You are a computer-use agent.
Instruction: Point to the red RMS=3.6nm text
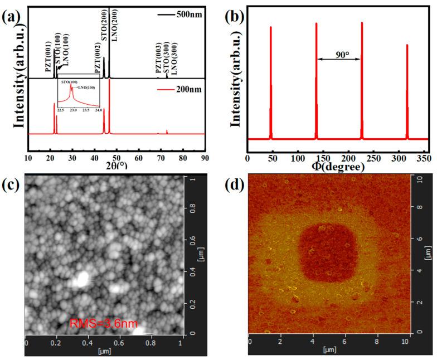click(103, 323)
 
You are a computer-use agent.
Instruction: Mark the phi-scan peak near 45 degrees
click(271, 84)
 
